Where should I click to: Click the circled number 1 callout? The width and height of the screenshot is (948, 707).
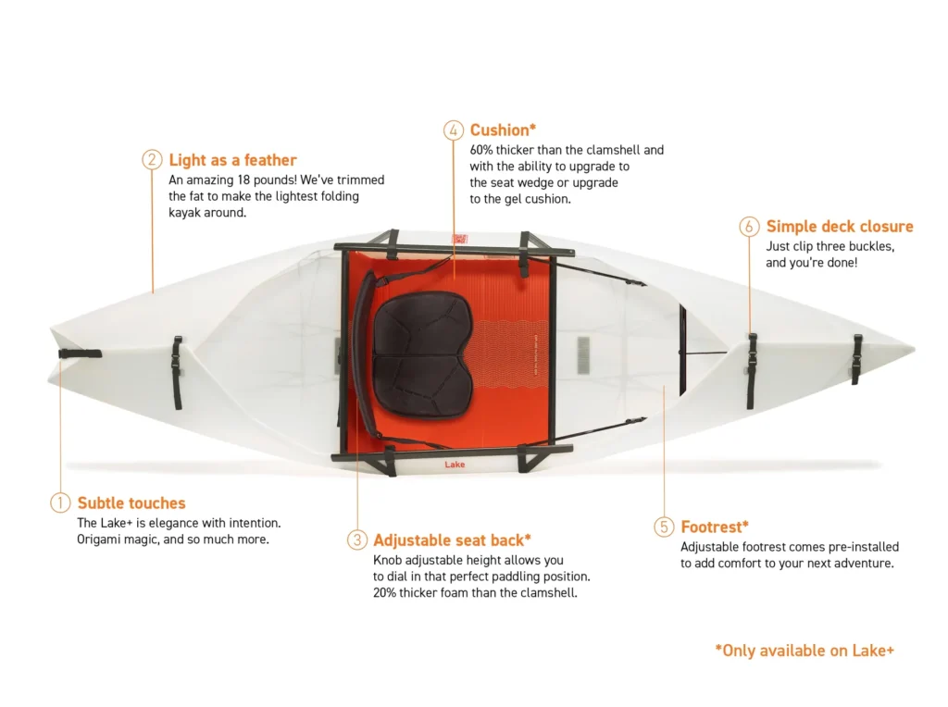tap(60, 502)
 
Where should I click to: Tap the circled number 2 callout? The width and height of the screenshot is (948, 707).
tap(152, 159)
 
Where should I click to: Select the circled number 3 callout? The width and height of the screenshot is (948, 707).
tap(356, 540)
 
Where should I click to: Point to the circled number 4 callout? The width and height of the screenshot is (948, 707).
tap(454, 130)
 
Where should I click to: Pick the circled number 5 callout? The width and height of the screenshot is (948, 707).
tap(664, 527)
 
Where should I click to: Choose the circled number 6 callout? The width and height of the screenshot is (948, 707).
tap(749, 227)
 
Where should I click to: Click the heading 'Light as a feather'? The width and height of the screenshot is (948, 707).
tap(232, 160)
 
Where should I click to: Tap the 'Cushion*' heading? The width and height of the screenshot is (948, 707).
tap(503, 130)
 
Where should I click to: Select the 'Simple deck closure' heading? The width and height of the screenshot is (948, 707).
tap(840, 227)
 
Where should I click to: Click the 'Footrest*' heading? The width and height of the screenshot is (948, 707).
tap(715, 527)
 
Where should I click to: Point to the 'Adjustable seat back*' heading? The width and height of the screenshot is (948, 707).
tap(452, 540)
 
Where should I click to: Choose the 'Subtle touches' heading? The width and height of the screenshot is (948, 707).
tap(131, 502)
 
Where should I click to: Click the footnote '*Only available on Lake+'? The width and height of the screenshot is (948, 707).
tap(805, 651)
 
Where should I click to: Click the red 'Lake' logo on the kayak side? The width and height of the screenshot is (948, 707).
tap(455, 464)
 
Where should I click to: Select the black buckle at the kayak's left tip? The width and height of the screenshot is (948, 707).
tap(80, 354)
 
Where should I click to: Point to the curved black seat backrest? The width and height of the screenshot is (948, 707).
tap(364, 356)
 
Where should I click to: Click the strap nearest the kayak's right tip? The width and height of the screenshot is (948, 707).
tap(856, 360)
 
